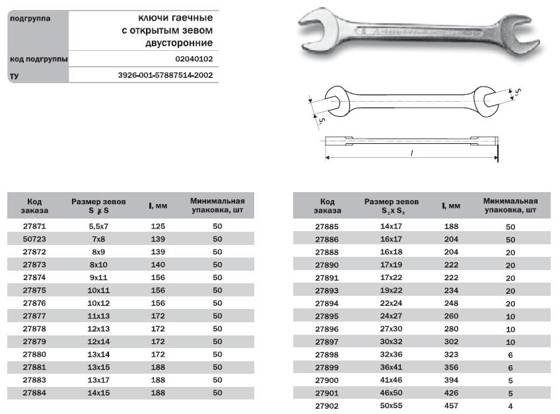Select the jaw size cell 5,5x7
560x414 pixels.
tap(98, 226)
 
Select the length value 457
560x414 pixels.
tap(451, 407)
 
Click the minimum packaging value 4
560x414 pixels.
tap(510, 407)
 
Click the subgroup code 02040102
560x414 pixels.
tap(194, 59)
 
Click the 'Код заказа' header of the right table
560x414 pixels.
tap(328, 206)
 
